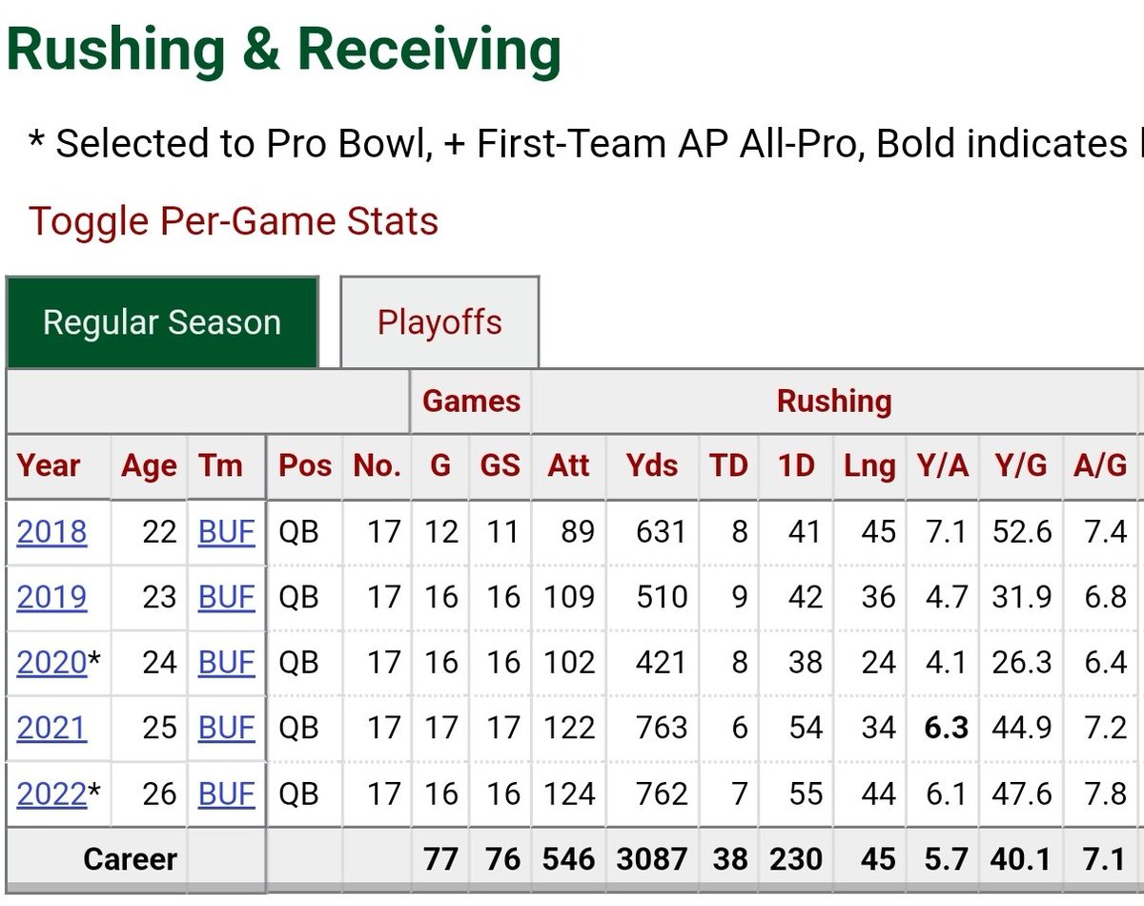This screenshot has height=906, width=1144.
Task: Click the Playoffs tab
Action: tap(439, 321)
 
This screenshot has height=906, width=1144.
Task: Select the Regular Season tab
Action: tap(162, 321)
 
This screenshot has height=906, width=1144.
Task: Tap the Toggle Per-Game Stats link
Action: tap(234, 221)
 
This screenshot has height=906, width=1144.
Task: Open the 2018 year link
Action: tap(51, 531)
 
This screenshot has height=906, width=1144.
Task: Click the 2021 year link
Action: tap(51, 728)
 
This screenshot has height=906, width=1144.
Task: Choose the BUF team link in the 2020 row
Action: tap(227, 663)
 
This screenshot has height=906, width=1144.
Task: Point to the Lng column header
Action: tap(869, 466)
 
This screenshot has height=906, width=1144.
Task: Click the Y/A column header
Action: tap(943, 466)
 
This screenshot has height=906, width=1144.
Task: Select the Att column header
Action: tap(568, 466)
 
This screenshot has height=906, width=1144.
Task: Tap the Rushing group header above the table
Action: tap(834, 402)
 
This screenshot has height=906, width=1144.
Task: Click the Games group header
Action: tap(472, 402)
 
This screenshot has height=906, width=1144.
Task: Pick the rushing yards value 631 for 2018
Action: tap(662, 531)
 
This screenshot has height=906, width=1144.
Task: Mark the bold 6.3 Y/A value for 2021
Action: tap(947, 728)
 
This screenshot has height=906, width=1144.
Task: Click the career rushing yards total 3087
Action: tap(652, 859)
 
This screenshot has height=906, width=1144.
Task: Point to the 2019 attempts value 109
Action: tap(568, 597)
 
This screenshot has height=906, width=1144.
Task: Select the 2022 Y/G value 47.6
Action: tap(1022, 793)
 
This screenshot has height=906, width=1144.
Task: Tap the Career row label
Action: tap(131, 859)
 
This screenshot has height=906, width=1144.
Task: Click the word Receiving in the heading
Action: tap(429, 50)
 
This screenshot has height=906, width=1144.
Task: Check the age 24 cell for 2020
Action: tap(159, 663)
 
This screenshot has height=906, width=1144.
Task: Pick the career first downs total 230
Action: tap(796, 859)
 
